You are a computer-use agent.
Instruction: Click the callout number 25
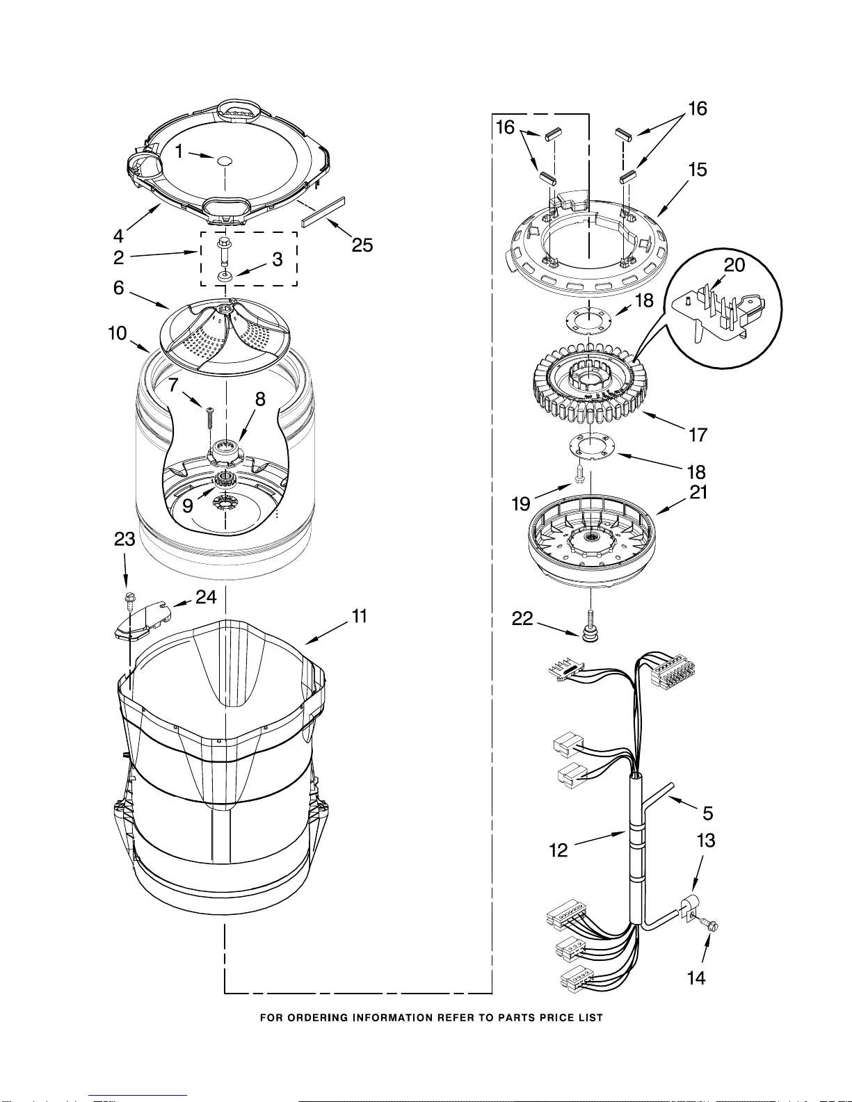pos(362,245)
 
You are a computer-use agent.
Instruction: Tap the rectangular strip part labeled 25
pos(323,212)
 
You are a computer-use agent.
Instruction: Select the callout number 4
pos(118,236)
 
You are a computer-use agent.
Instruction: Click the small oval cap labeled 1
pos(224,161)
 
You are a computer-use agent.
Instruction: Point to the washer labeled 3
pos(225,277)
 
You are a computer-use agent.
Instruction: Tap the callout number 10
pos(117,333)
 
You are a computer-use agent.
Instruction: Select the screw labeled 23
pos(129,601)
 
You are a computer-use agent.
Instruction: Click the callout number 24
pos(206,597)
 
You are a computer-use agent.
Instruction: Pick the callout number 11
pos(359,616)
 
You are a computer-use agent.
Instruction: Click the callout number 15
pos(698,170)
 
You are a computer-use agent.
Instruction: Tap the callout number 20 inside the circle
pos(734,265)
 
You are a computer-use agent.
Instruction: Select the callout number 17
pos(698,435)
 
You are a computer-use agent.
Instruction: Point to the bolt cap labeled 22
pos(589,634)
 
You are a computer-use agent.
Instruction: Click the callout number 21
pos(698,492)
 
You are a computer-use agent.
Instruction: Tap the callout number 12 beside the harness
pos(558,850)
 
